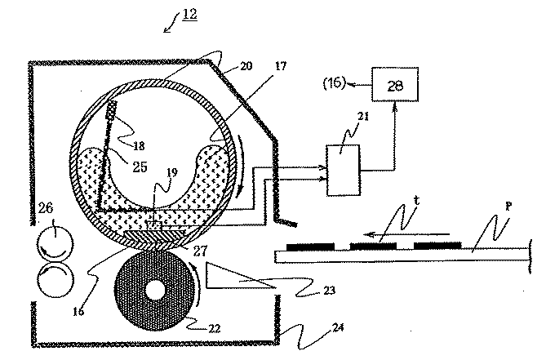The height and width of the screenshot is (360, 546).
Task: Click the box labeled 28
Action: (x=395, y=85)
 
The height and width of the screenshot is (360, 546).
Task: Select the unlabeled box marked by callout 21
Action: (x=343, y=171)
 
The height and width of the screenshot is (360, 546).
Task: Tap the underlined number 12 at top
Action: (x=190, y=14)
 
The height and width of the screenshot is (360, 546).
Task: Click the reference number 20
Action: (x=246, y=66)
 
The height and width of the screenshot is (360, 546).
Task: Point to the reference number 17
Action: (x=280, y=66)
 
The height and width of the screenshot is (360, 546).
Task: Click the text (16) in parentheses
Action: (x=335, y=83)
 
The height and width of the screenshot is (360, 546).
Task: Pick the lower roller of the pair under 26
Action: (x=55, y=278)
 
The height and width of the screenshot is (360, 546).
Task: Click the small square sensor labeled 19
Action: (x=154, y=225)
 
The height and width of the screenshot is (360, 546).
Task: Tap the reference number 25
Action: (x=140, y=167)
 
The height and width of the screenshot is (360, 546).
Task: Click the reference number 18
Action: (x=139, y=145)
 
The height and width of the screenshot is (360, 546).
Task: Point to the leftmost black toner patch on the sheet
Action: (x=310, y=247)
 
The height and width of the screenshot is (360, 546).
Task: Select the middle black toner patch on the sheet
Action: (x=373, y=247)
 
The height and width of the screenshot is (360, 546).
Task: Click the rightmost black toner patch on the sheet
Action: (x=437, y=246)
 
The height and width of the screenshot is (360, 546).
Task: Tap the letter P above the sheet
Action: (x=508, y=207)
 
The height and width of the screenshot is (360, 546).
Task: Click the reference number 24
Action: (x=337, y=327)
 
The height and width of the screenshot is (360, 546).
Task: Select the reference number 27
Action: (x=200, y=251)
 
